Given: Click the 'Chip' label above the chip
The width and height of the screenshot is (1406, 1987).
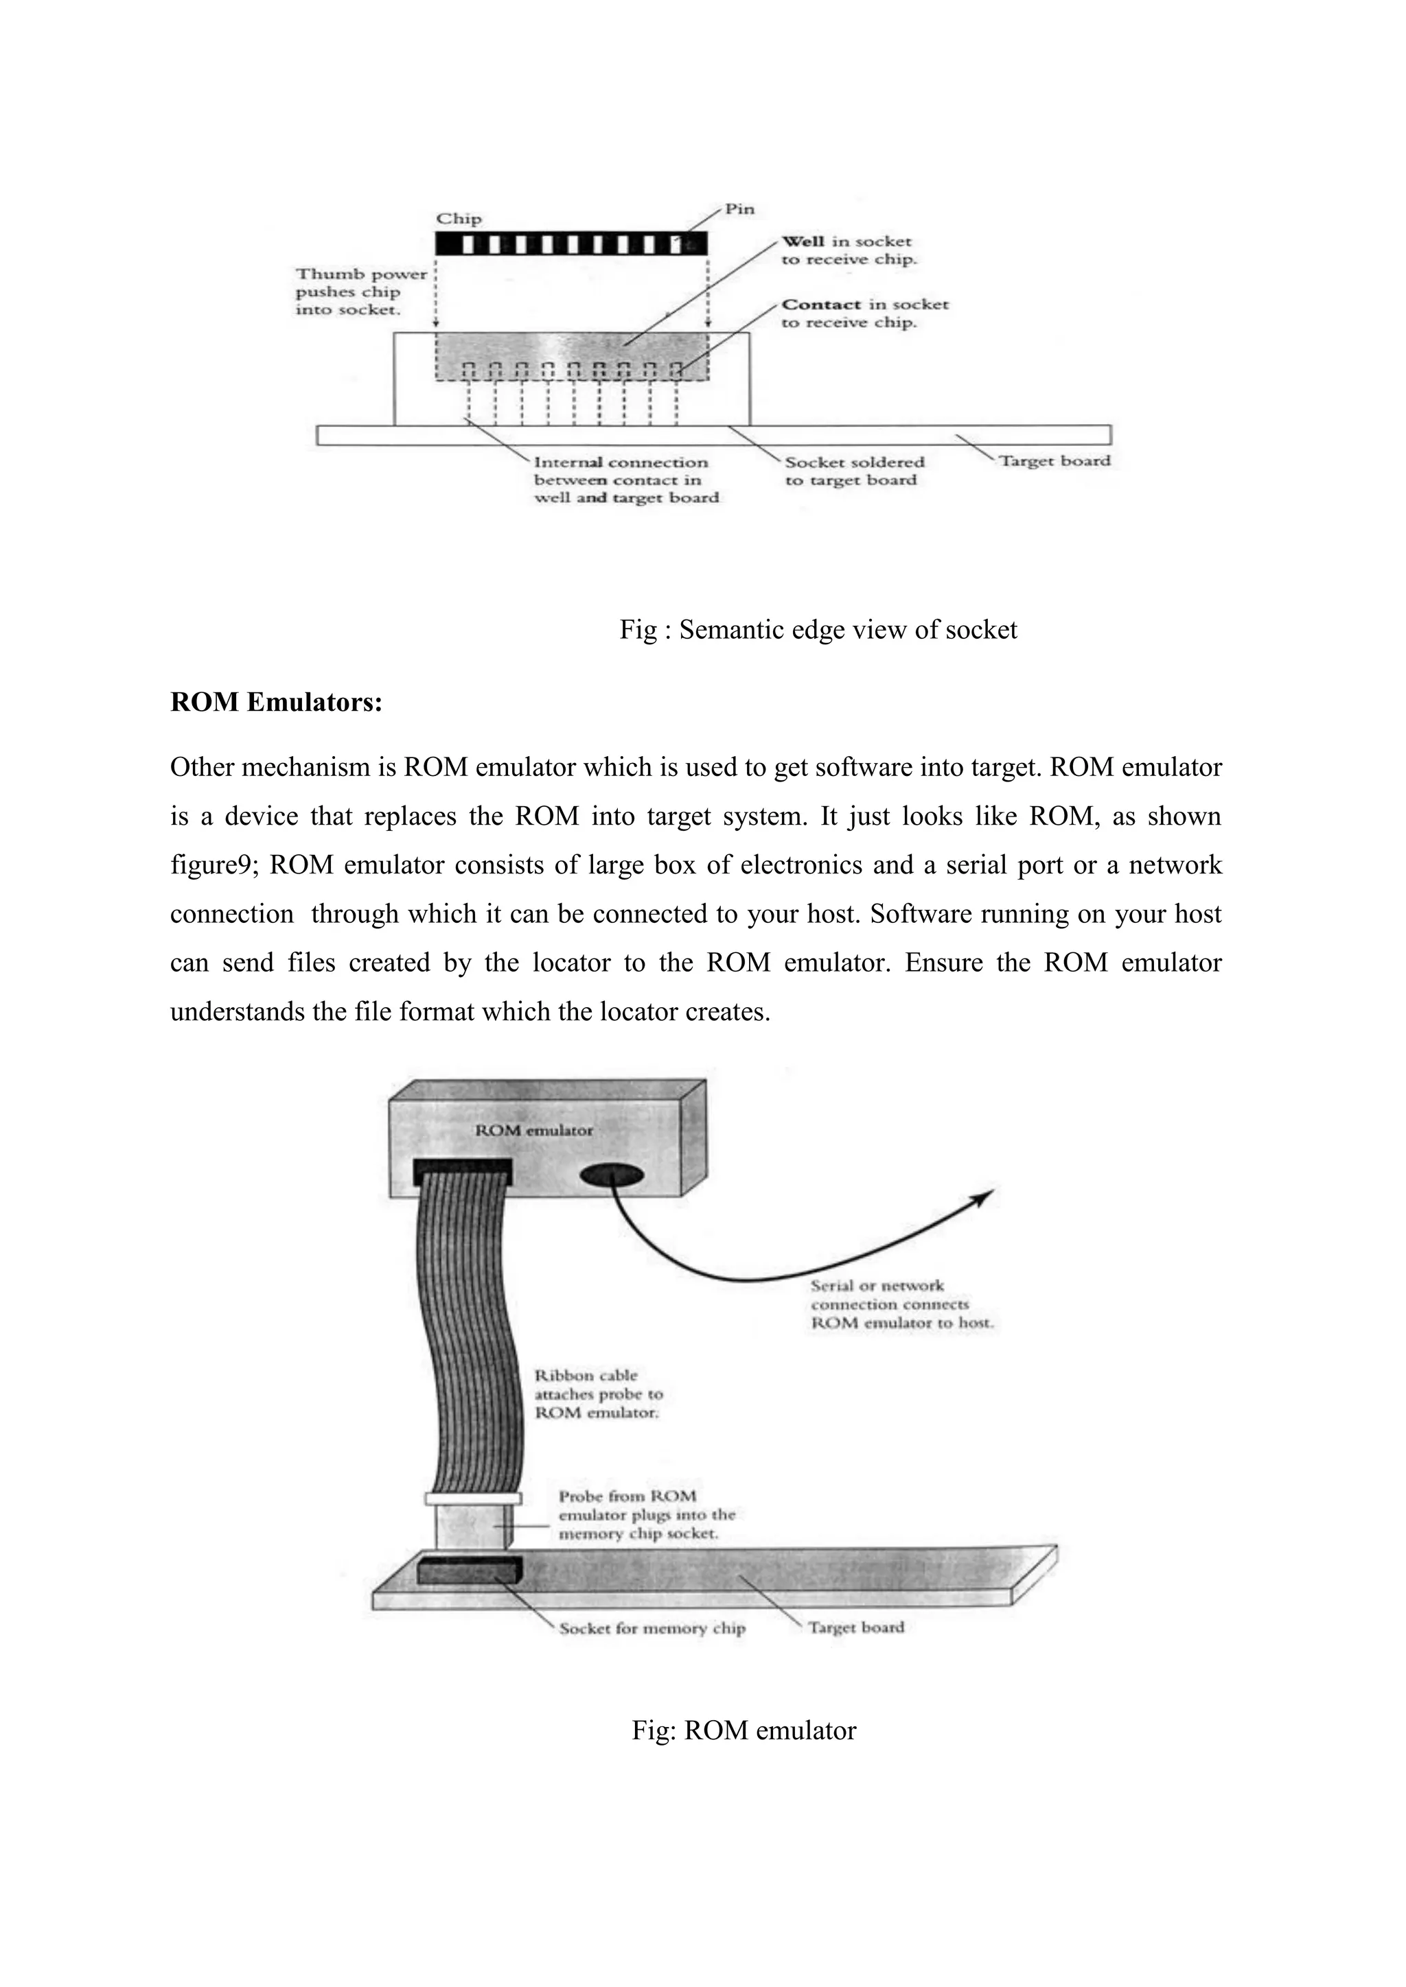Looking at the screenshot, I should [458, 219].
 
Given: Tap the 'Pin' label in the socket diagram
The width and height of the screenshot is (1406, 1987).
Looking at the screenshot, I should [739, 209].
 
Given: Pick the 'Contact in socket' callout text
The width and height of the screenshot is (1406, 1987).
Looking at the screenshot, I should [864, 314].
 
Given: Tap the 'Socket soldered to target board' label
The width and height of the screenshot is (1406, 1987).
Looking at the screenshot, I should [853, 471].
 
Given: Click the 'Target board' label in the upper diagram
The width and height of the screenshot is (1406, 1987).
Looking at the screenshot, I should [1054, 461].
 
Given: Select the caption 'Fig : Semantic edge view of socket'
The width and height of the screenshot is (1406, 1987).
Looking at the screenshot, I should [817, 630].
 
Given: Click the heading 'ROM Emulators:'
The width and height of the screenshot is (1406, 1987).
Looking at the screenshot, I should [276, 702].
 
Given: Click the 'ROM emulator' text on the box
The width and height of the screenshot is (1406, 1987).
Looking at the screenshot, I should [534, 1130].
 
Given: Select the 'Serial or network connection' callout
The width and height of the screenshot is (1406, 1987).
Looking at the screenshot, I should [901, 1304].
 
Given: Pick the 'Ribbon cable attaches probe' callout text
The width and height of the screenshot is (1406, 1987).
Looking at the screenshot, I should [597, 1394].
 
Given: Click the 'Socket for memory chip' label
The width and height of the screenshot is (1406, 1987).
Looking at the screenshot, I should [651, 1629].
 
